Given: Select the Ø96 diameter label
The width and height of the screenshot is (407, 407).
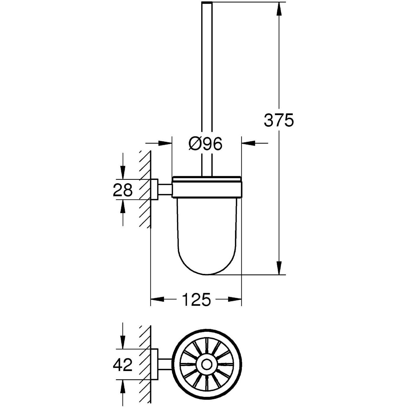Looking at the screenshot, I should (x=205, y=144).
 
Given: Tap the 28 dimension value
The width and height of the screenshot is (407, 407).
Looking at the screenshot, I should (x=123, y=190).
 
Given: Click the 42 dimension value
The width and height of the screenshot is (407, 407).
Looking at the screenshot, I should (x=123, y=365).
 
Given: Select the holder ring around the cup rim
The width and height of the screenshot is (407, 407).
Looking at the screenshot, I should (x=207, y=187).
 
